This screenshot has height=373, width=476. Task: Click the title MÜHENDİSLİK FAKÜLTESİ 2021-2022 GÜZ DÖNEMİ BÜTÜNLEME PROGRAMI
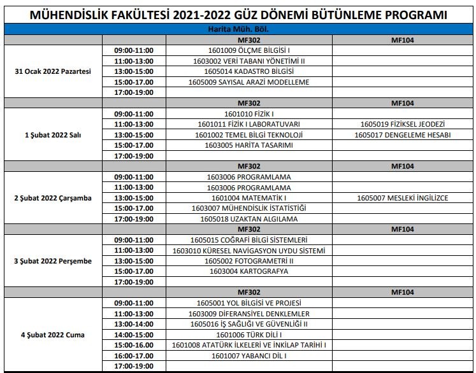tap(238, 15)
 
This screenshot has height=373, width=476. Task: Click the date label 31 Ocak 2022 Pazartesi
tap(53, 71)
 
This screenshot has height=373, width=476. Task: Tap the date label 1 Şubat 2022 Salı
tap(53, 135)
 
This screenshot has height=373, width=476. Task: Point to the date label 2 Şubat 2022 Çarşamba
tap(53, 198)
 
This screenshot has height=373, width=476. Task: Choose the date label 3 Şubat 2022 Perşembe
tap(53, 261)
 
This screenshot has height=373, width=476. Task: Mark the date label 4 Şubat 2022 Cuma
tap(53, 334)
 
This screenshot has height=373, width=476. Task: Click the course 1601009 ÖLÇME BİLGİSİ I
tap(249, 50)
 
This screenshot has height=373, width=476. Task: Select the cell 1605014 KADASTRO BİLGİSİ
tap(249, 71)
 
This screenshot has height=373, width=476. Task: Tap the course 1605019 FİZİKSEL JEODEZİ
tap(402, 124)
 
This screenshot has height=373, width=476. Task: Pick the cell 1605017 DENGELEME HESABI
tap(402, 135)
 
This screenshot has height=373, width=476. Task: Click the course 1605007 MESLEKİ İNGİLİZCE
tap(402, 198)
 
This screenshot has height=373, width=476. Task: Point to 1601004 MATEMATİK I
tap(249, 198)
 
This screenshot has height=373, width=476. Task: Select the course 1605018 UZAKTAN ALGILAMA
tap(249, 219)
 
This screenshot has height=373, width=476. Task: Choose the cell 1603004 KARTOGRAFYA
tap(249, 271)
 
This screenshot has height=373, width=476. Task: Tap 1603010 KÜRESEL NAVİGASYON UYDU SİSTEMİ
tap(249, 250)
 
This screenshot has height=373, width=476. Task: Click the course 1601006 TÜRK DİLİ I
tap(249, 334)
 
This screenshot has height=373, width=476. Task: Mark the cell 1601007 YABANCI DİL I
tap(249, 355)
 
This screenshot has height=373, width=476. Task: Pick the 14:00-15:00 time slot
tap(134, 334)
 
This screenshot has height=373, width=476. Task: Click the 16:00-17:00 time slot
tap(134, 355)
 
